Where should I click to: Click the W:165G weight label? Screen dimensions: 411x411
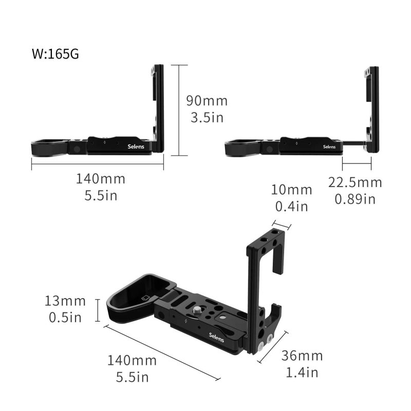[55, 54]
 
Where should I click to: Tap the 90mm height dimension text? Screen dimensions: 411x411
[207, 101]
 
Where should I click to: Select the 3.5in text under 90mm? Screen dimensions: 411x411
[207, 117]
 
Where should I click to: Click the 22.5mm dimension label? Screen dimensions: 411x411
[355, 182]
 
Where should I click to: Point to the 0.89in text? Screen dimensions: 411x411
[355, 199]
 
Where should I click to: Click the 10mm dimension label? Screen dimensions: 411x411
[291, 190]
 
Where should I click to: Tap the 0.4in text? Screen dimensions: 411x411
[291, 206]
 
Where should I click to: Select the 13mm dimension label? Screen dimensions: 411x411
[65, 301]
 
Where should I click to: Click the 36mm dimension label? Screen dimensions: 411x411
[302, 356]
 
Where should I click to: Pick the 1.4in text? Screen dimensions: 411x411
[302, 372]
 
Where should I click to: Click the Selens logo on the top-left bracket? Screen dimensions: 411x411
[136, 146]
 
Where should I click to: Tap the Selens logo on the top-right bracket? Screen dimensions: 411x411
[329, 146]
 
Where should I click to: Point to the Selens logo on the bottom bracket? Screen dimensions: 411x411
[216, 338]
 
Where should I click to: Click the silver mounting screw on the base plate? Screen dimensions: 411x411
[197, 311]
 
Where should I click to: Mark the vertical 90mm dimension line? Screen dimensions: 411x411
[179, 110]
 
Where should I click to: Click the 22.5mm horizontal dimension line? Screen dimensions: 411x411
[357, 163]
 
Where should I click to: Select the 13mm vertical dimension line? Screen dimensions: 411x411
[98, 310]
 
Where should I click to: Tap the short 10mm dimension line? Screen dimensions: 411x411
[282, 225]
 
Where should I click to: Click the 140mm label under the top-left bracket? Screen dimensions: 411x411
[101, 179]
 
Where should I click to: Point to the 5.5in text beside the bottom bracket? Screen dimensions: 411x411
[133, 377]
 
